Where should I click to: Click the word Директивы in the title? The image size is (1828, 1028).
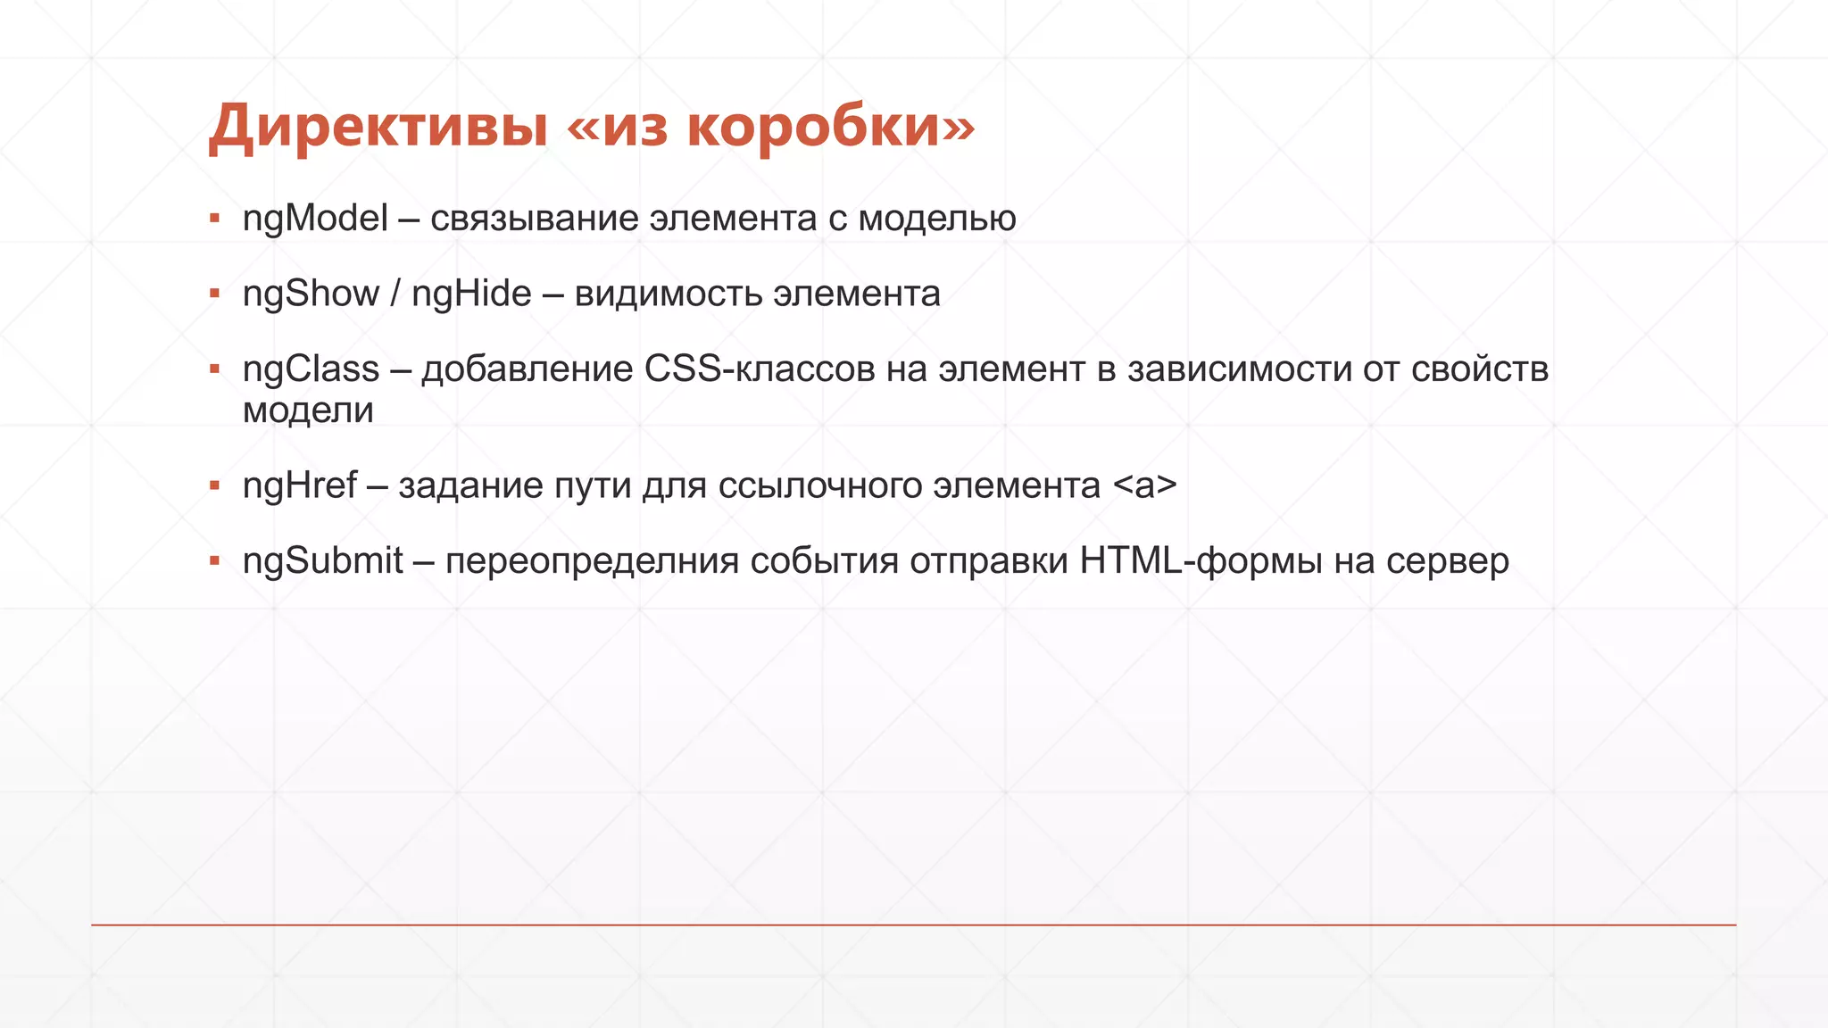[378, 127]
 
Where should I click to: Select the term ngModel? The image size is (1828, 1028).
[315, 219]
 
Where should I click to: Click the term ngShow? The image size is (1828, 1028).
[311, 294]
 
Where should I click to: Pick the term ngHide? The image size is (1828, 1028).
[471, 294]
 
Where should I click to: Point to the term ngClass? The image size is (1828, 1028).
[311, 369]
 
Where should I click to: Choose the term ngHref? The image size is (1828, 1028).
[300, 486]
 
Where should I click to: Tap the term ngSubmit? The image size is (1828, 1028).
[323, 561]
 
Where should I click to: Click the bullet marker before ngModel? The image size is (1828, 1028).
[214, 218]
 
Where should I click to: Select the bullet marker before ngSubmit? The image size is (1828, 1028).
[214, 560]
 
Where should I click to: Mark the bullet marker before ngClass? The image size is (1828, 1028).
[214, 369]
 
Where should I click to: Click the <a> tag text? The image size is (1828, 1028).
[1145, 486]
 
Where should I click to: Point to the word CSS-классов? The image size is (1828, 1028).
[760, 369]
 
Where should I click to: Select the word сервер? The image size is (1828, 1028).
[1448, 561]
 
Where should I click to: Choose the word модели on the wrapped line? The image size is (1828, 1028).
[308, 410]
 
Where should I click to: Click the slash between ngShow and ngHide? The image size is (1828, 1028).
[395, 294]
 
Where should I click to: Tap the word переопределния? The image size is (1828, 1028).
[592, 561]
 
